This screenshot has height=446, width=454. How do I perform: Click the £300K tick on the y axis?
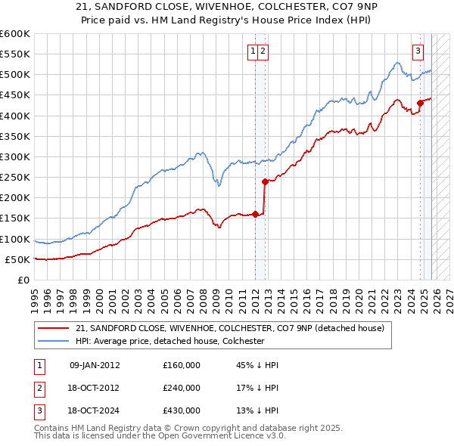pyautogui.click(x=15, y=156)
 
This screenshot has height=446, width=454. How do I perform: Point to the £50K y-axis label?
pyautogui.click(x=17, y=259)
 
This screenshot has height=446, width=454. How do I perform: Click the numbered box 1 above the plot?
pyautogui.click(x=252, y=51)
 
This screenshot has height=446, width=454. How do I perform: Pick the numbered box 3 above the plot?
pyautogui.click(x=418, y=51)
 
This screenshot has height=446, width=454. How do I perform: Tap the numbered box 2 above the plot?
pyautogui.click(x=263, y=51)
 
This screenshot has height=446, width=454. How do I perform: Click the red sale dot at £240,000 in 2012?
pyautogui.click(x=265, y=181)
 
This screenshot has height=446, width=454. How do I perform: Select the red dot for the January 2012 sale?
pyautogui.click(x=255, y=214)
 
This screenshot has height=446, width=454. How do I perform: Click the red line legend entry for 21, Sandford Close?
pyautogui.click(x=230, y=328)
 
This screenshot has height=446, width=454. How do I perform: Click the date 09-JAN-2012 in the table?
pyautogui.click(x=95, y=365)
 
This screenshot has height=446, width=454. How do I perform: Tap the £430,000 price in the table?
pyautogui.click(x=182, y=410)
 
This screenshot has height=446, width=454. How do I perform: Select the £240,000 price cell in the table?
pyautogui.click(x=182, y=388)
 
